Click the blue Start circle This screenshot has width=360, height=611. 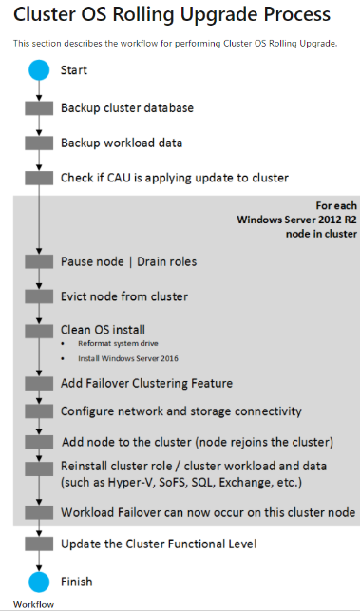(38, 70)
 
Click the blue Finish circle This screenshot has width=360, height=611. (38, 581)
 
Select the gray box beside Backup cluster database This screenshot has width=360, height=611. (38, 108)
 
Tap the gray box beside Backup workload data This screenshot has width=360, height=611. (38, 143)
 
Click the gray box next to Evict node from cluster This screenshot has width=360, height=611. (38, 296)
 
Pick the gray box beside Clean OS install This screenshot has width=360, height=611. (38, 330)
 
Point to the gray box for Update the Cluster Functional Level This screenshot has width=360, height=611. (38, 545)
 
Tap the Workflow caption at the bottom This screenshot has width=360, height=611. (33, 603)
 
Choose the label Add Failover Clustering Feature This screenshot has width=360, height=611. (146, 383)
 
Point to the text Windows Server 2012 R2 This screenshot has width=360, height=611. (296, 220)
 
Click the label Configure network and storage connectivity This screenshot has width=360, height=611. (180, 411)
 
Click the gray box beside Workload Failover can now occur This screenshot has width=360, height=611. (38, 513)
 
